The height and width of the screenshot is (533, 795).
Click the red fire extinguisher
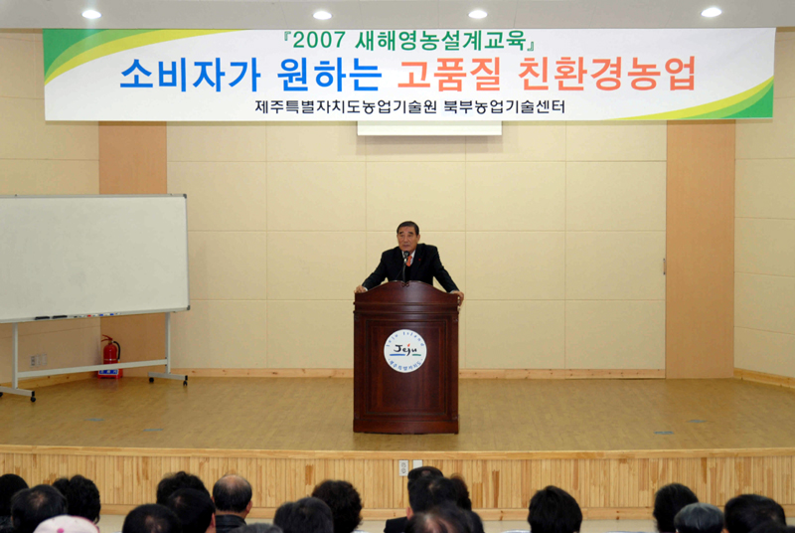(x=110, y=357)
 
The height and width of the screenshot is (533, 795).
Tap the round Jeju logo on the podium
(x=404, y=351)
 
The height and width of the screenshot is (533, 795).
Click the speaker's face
(x=407, y=236)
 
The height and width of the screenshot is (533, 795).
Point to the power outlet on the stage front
(x=403, y=467)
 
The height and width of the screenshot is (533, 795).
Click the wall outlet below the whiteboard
(x=37, y=360)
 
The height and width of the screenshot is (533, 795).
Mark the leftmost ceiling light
(x=91, y=14)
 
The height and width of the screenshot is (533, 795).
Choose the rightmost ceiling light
(x=711, y=12)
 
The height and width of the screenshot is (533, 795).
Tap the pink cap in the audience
(x=66, y=524)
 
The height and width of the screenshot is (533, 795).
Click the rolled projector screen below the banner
(x=429, y=128)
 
